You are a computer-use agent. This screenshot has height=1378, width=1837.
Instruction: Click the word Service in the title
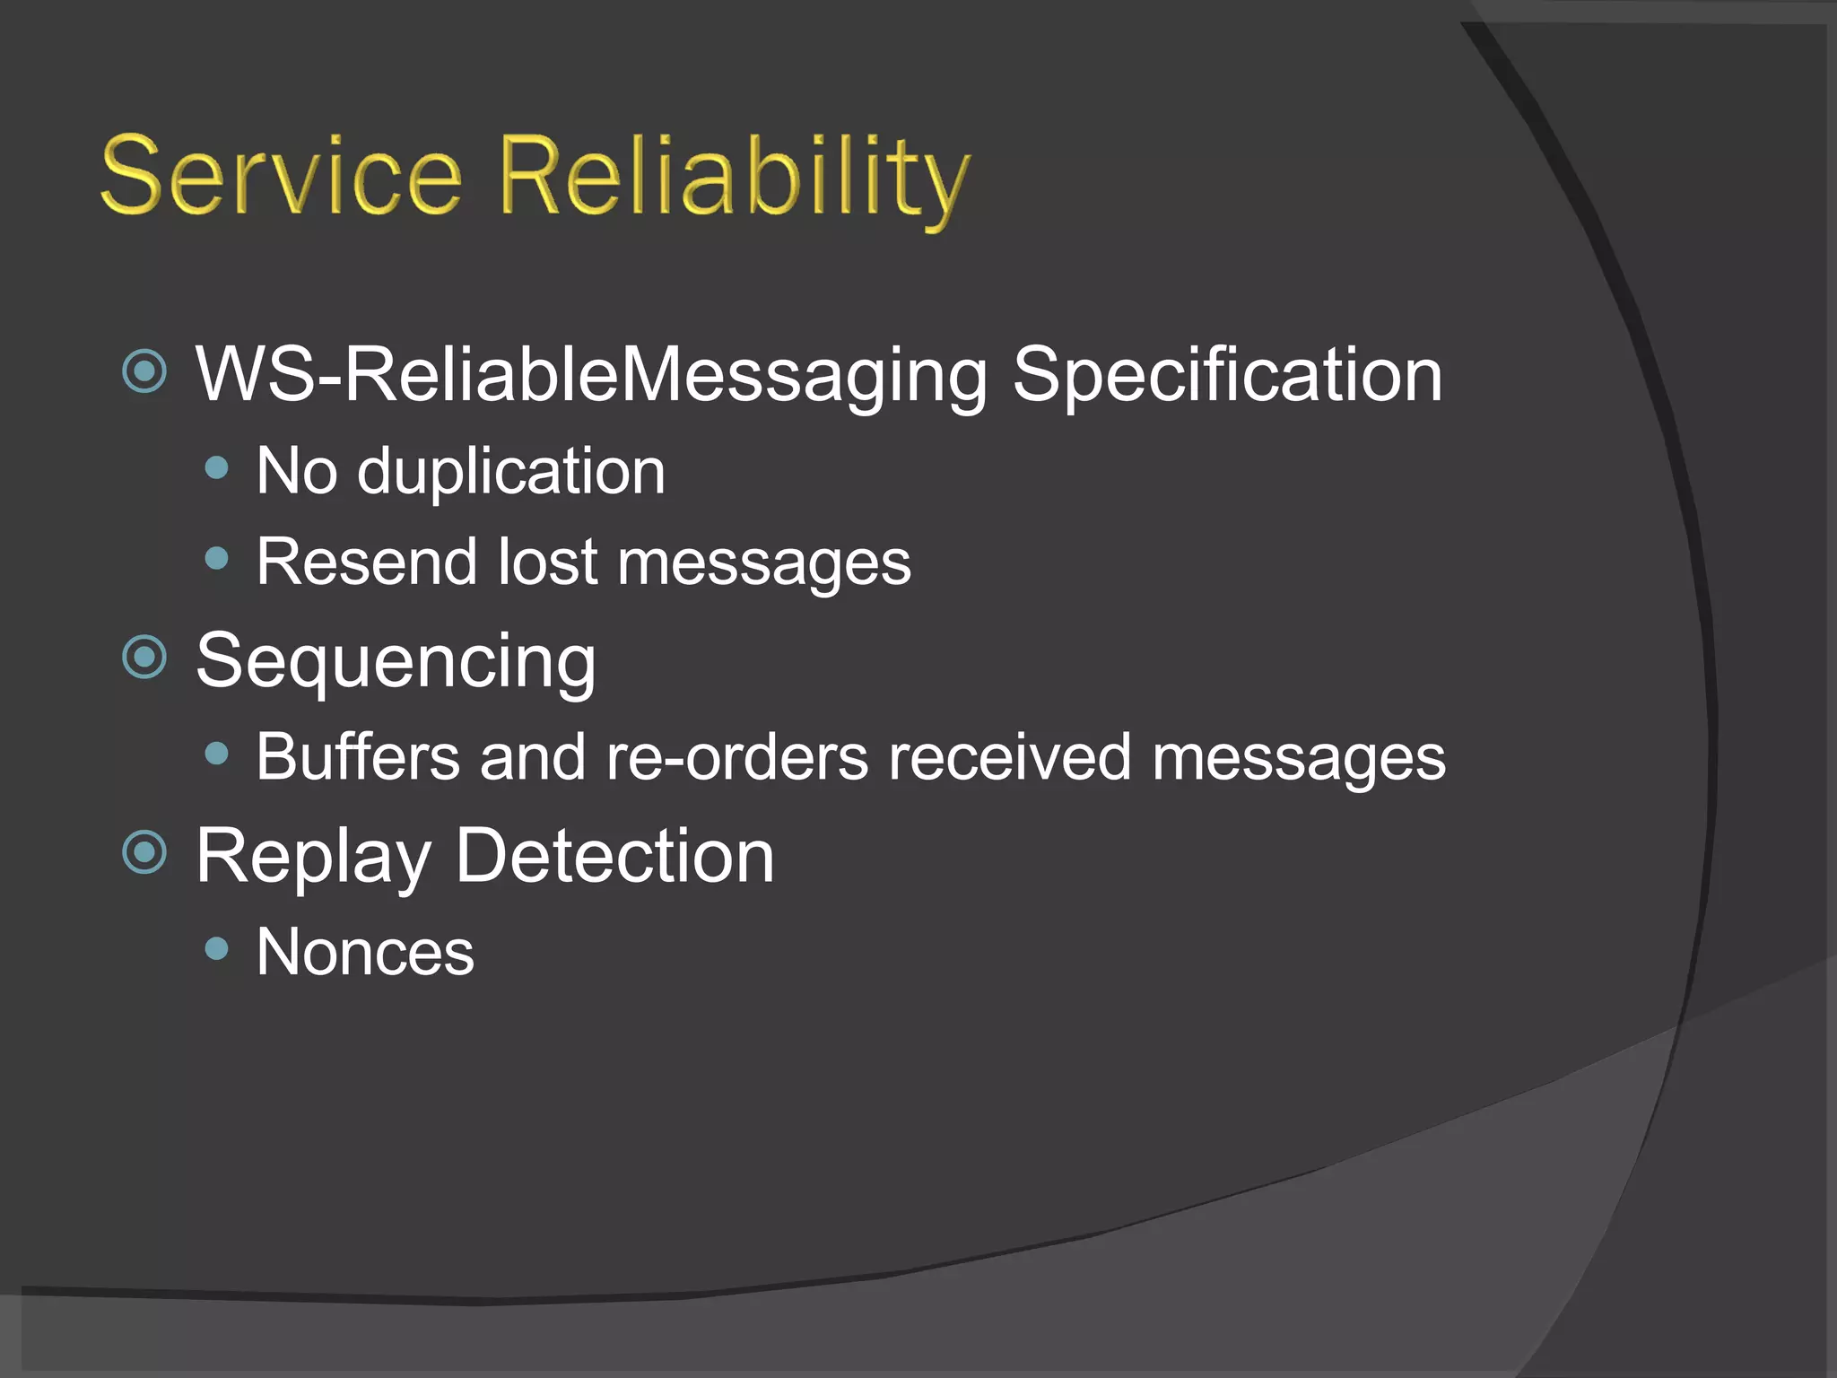tap(282, 176)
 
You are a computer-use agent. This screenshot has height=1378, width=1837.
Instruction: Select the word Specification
tap(1227, 375)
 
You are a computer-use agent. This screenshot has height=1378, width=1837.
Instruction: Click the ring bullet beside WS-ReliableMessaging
tap(144, 371)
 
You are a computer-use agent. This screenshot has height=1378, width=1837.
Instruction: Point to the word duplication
tap(511, 472)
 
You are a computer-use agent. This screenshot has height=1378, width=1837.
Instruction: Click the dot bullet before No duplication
tap(216, 467)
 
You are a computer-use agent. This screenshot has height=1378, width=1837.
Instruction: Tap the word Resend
tap(366, 563)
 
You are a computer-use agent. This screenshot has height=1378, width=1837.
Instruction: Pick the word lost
tap(547, 563)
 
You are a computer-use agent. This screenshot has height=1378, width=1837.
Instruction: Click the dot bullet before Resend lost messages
tap(216, 559)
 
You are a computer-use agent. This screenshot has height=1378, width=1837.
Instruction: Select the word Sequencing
tap(396, 662)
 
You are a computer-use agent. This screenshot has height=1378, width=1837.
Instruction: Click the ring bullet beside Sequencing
tap(144, 657)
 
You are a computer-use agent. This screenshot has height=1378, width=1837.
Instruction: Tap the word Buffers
tap(357, 757)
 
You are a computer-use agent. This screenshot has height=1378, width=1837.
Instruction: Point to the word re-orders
tap(736, 757)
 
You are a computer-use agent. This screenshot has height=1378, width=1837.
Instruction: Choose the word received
tap(1009, 757)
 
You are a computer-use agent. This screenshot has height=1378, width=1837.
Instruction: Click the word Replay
tap(313, 858)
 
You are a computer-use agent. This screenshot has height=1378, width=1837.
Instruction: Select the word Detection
tap(614, 856)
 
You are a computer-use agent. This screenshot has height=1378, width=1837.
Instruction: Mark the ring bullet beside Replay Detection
tap(144, 852)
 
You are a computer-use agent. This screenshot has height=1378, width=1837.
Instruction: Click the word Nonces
tap(365, 952)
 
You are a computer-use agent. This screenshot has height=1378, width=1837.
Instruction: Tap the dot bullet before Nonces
tap(216, 948)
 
